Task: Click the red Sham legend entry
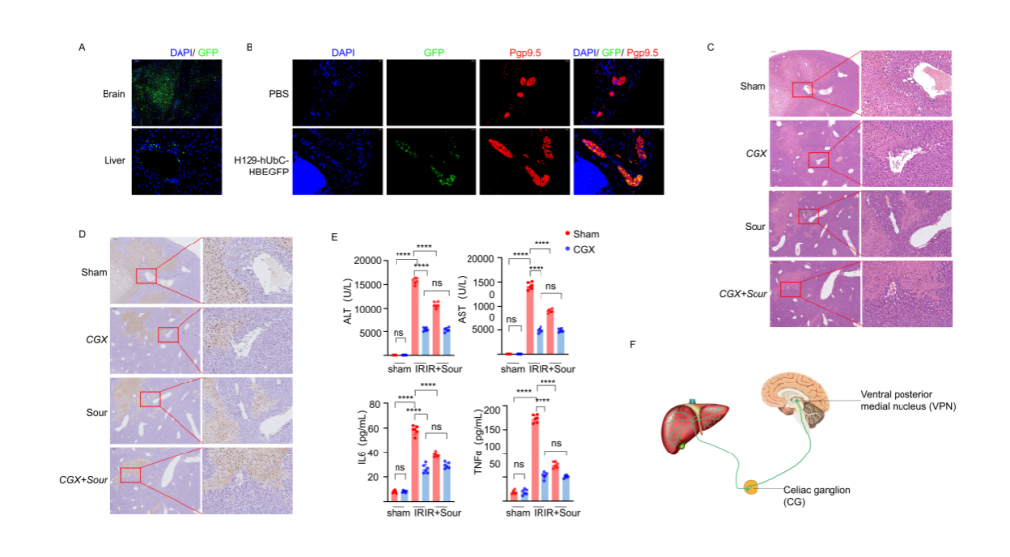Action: point(581,234)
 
